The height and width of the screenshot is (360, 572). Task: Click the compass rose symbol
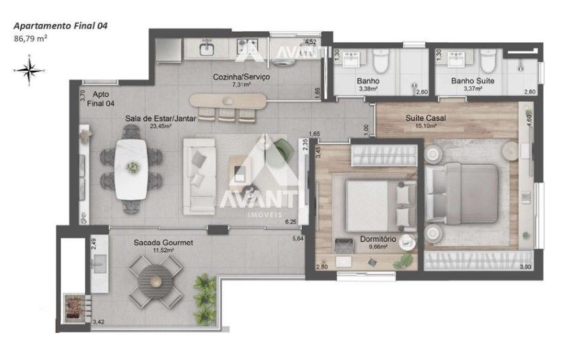point(29,69)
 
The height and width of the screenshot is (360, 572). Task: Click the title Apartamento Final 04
point(61,26)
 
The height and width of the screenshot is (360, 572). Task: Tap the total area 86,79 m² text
point(30,38)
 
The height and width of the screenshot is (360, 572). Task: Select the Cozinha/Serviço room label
point(241,77)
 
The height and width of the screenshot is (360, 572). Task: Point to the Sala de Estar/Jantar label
point(161,118)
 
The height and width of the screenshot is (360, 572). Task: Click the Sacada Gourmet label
point(163,242)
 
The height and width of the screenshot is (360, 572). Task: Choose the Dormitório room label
point(378,239)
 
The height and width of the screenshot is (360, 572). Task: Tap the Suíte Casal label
point(426,118)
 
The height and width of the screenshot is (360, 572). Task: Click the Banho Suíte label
point(473,81)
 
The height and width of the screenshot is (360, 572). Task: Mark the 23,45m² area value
point(161,126)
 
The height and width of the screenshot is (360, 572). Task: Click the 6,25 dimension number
point(291,221)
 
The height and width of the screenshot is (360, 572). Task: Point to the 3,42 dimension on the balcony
point(99,322)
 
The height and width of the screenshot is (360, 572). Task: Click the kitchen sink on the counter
point(207,48)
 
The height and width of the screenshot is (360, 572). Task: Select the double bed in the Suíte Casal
point(462,193)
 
